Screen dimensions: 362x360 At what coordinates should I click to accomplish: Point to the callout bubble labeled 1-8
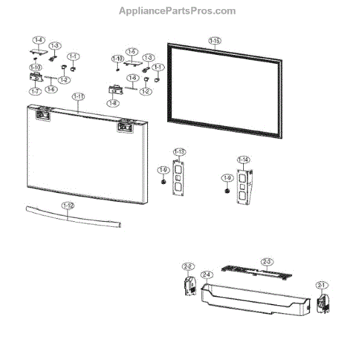coord(113,103)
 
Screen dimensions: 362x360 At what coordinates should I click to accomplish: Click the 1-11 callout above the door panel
coord(78,96)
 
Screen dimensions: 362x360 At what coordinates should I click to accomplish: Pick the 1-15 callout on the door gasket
coord(215,40)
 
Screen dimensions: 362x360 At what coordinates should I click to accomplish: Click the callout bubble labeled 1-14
coord(243,160)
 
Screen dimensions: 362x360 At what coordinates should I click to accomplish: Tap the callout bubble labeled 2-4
coord(207,275)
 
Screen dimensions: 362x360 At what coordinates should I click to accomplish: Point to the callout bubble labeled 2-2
coord(188,267)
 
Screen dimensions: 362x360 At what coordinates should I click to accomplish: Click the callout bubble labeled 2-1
coord(321,285)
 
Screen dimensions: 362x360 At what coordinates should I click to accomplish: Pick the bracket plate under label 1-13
coord(179,178)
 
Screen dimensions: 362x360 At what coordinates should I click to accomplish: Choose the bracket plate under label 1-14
coord(244,187)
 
